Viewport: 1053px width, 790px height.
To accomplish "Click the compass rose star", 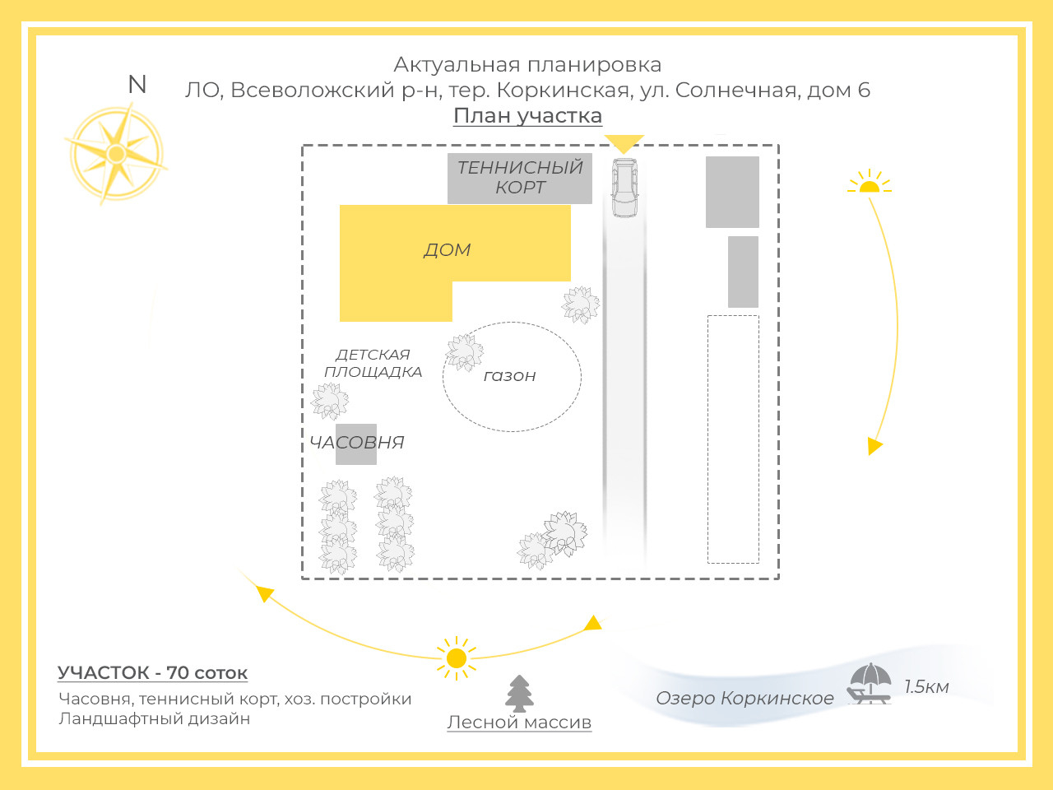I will point(116,154).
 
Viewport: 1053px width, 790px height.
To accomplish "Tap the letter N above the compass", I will point(137,85).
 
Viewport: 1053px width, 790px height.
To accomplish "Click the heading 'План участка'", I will point(527,116).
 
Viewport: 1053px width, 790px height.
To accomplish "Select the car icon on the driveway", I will point(624,187).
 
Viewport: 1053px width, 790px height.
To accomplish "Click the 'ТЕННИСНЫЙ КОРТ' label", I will point(520,178).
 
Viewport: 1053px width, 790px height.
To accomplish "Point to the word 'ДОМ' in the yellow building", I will point(448,250).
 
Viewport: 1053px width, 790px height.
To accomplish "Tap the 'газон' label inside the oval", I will point(509,376).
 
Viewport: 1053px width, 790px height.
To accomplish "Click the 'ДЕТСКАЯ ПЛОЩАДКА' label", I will point(373,363).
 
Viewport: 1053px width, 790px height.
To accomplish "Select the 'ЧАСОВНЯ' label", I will point(357,443).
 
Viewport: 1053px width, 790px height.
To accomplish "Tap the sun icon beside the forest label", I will point(456,658).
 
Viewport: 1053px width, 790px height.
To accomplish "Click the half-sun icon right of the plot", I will point(869,183).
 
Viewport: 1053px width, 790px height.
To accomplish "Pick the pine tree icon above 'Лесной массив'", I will point(519,693).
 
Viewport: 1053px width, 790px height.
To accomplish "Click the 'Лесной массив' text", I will point(519,723).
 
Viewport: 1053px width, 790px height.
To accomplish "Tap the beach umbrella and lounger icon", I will point(870,684).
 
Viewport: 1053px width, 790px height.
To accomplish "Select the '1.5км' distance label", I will point(926,687).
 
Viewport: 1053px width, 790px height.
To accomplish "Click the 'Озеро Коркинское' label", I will point(745,699).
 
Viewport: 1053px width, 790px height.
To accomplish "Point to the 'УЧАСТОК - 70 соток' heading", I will point(152,673).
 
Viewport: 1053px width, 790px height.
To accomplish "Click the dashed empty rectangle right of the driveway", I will point(733,439).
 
